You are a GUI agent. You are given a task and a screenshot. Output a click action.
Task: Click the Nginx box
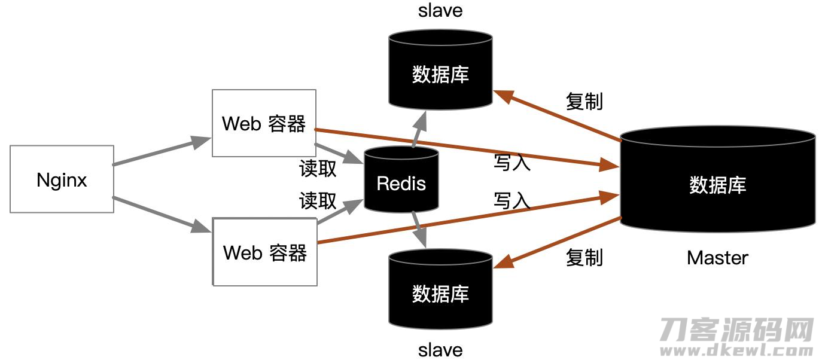[x=62, y=179]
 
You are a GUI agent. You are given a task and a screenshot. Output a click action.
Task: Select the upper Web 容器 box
[x=264, y=123]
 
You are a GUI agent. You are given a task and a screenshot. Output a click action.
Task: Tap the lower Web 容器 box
[x=265, y=252]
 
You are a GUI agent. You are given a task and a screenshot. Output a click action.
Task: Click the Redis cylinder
[x=401, y=179]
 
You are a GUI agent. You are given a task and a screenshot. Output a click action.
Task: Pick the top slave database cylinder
[x=440, y=70]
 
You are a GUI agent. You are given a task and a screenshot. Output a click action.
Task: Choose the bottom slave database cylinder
[x=440, y=289]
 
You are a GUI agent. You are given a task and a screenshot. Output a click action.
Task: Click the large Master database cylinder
[x=718, y=179]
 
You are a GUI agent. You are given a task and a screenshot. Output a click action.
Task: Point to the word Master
[x=717, y=258]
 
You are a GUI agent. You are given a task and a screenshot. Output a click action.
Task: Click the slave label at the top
[x=440, y=10]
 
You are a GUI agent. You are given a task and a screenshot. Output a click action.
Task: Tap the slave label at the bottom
[x=440, y=350]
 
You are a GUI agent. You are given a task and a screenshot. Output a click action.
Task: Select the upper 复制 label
[x=584, y=101]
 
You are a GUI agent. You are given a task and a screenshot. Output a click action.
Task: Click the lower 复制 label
[x=584, y=257]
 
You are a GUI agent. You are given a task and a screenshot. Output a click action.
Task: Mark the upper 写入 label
[x=512, y=163]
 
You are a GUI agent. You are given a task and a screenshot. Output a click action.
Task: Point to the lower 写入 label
[x=512, y=201]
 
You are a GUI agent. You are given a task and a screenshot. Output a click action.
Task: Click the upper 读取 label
[x=318, y=169]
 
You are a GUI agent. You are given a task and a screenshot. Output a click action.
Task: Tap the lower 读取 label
[x=318, y=201]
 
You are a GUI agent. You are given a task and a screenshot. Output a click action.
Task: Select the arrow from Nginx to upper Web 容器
[x=162, y=151]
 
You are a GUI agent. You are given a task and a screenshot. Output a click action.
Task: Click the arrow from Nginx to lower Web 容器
[x=162, y=215]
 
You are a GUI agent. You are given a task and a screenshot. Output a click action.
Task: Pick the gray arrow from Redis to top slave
[x=419, y=129]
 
